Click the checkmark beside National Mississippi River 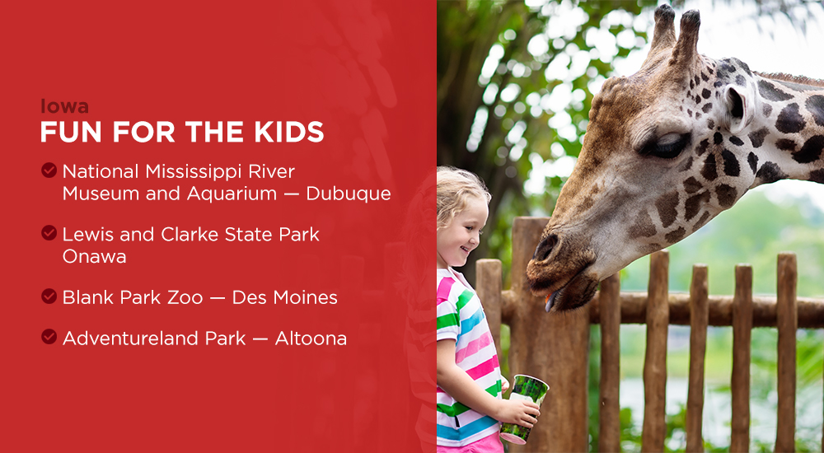pos(49,170)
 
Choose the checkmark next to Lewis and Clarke pos(49,234)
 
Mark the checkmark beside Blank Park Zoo pos(49,297)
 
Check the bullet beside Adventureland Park pos(49,337)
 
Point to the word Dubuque pos(348,194)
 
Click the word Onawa pos(93,256)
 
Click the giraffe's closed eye pos(667,145)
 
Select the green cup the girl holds pos(527,408)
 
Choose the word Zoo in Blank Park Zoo pos(185,297)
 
